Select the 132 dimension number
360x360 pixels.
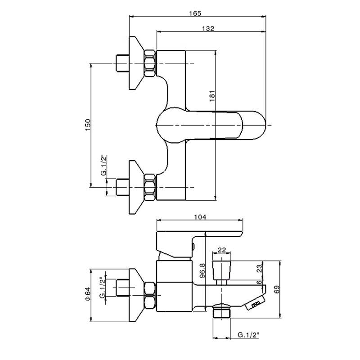[x=208, y=28]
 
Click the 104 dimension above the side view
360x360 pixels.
[x=199, y=217]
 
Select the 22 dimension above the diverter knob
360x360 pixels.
[x=222, y=250]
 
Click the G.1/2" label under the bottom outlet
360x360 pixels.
[x=248, y=335]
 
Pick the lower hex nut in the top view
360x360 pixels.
[x=150, y=187]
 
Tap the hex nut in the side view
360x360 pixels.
[x=150, y=295]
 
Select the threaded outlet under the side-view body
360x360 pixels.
[x=221, y=311]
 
